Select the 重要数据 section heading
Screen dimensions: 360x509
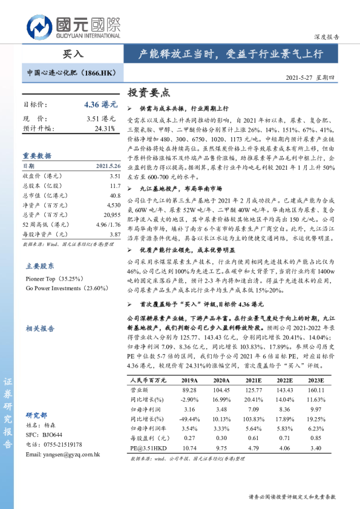point(37,155)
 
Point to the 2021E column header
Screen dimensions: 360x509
point(254,380)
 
